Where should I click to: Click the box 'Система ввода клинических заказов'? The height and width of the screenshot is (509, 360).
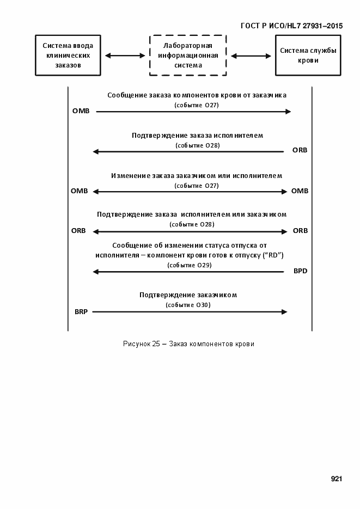(x=68, y=56)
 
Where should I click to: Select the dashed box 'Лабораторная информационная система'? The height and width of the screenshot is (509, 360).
(x=188, y=56)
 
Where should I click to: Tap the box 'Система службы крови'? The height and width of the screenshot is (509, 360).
(x=308, y=56)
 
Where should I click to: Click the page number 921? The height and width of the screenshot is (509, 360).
(x=336, y=479)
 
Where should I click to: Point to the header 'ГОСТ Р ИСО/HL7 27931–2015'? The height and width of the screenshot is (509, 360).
(x=291, y=26)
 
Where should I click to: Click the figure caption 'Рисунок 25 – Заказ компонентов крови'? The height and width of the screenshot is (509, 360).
(x=188, y=344)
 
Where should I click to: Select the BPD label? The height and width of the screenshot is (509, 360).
(x=300, y=271)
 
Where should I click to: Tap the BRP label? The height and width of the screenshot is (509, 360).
(x=81, y=312)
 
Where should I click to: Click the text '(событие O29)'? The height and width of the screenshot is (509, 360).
(x=189, y=265)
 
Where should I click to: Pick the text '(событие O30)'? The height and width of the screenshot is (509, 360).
(x=188, y=305)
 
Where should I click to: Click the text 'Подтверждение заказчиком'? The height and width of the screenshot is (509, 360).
(x=188, y=295)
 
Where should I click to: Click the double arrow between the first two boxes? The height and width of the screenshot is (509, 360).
(x=125, y=56)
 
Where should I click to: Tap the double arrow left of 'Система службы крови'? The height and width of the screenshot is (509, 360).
(x=251, y=56)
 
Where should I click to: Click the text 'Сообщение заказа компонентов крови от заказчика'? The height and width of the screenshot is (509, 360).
(x=197, y=95)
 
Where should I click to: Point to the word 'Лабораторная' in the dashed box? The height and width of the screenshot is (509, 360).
(x=188, y=46)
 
